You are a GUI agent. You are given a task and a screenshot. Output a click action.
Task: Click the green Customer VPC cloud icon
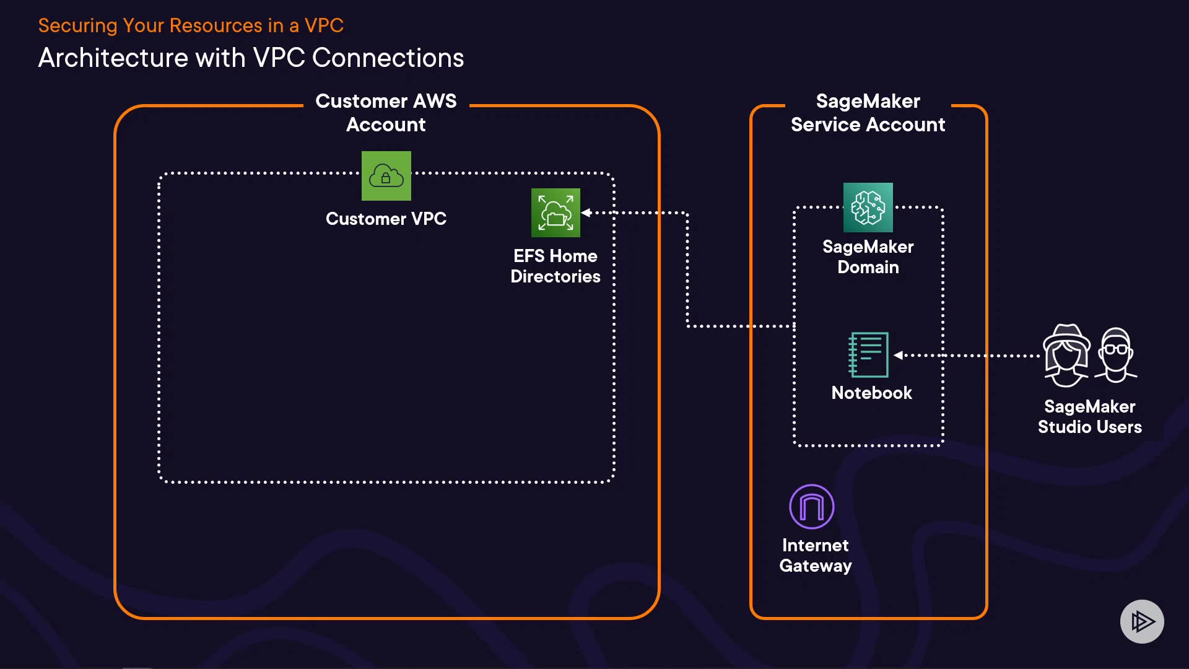pyautogui.click(x=386, y=176)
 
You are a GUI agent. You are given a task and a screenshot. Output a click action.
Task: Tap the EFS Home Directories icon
pyautogui.click(x=555, y=212)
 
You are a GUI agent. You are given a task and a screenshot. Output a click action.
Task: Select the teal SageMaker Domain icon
pyautogui.click(x=868, y=208)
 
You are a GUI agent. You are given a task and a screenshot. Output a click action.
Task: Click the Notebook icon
pyautogui.click(x=868, y=355)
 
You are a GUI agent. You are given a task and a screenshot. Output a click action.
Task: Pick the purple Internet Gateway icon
pyautogui.click(x=811, y=507)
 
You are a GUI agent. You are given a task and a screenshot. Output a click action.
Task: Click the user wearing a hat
pyautogui.click(x=1066, y=356)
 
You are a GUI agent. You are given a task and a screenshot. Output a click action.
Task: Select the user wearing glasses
pyautogui.click(x=1116, y=355)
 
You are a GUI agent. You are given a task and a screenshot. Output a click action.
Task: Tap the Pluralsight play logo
pyautogui.click(x=1142, y=621)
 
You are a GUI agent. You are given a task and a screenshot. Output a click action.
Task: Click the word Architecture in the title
pyautogui.click(x=113, y=58)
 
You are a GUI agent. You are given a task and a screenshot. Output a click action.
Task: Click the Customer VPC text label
pyautogui.click(x=386, y=219)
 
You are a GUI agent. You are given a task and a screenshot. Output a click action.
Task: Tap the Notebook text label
pyautogui.click(x=871, y=393)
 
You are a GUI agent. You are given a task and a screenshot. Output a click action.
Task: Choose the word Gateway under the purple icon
pyautogui.click(x=815, y=566)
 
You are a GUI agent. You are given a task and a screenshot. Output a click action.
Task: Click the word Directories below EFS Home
pyautogui.click(x=555, y=276)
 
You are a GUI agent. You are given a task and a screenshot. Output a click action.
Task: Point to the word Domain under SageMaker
pyautogui.click(x=868, y=267)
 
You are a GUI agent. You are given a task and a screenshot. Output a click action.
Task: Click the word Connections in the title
pyautogui.click(x=388, y=58)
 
